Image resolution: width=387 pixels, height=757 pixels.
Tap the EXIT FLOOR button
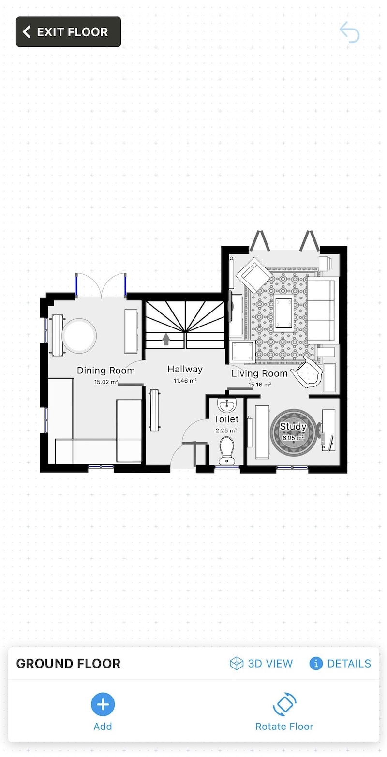(68, 32)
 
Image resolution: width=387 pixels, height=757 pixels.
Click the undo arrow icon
(349, 32)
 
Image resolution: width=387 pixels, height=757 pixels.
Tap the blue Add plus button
(103, 704)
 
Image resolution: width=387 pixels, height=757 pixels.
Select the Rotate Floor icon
(284, 704)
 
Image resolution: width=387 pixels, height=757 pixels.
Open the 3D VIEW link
(261, 663)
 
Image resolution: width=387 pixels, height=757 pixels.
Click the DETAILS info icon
(316, 663)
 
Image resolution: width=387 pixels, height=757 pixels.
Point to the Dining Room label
(106, 371)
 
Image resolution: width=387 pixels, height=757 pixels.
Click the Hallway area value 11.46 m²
(185, 381)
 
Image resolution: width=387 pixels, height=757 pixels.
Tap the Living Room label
(259, 373)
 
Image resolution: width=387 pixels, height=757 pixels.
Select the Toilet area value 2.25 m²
(226, 430)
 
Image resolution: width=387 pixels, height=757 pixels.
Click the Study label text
(293, 427)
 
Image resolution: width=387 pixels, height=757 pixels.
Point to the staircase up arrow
(166, 339)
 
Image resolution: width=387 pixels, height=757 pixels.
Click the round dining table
(79, 336)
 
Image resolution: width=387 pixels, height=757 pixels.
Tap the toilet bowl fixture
(226, 451)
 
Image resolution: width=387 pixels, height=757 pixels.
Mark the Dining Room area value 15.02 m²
(106, 382)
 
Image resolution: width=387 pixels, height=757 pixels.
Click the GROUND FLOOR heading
(68, 663)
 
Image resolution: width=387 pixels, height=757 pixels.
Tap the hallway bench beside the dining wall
(154, 410)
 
